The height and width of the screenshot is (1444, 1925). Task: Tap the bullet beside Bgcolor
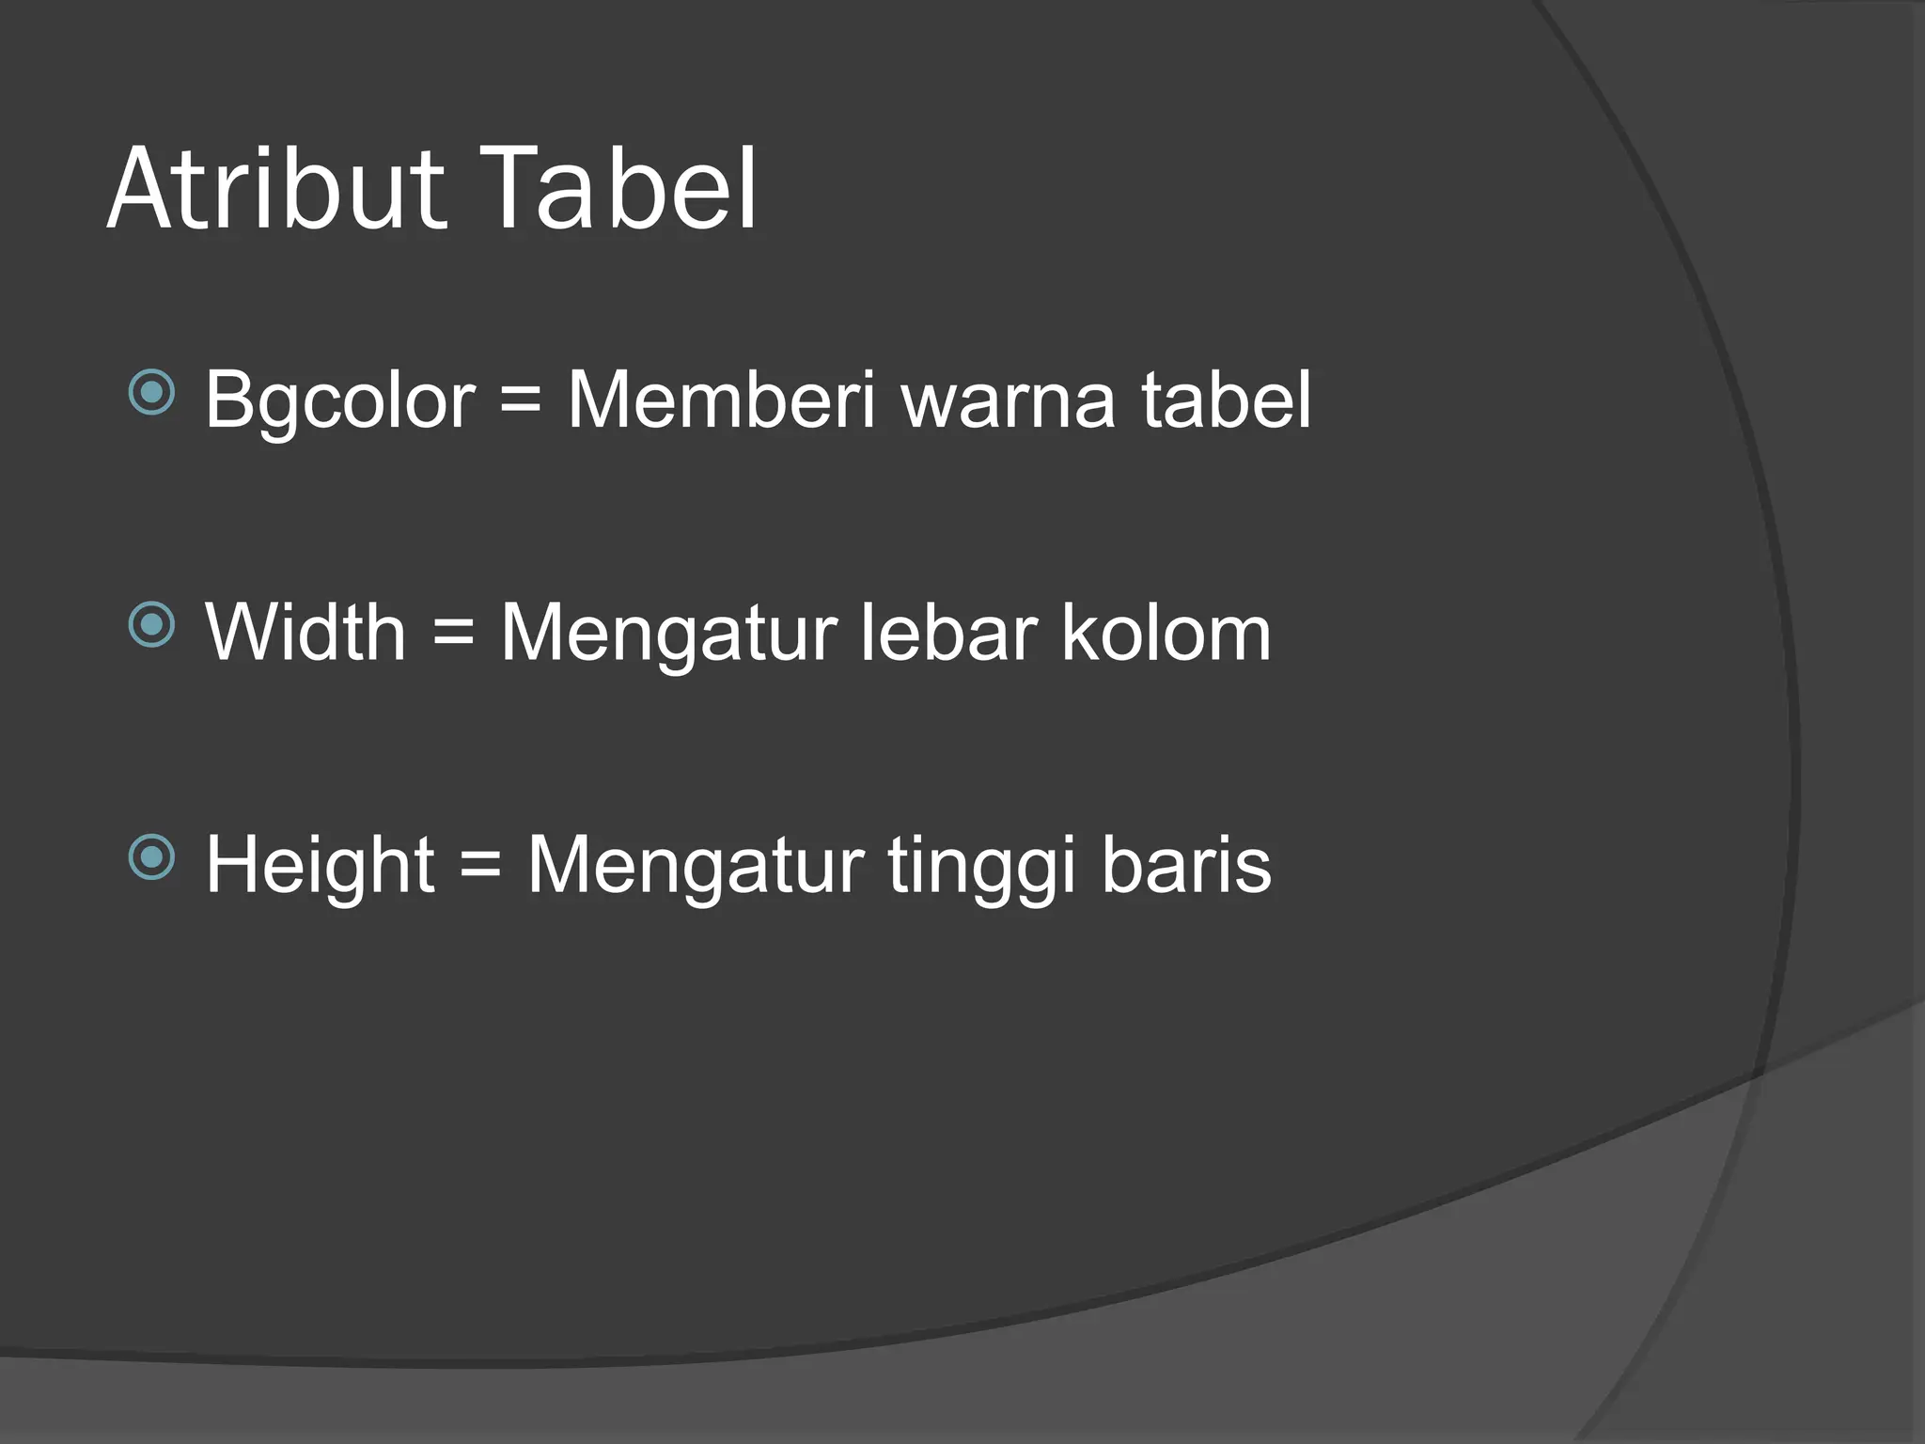(151, 393)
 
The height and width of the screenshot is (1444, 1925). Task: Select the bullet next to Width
(151, 625)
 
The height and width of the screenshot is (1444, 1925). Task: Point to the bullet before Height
(151, 857)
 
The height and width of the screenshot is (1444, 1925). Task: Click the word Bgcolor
(340, 400)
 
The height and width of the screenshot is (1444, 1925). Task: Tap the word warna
(1009, 400)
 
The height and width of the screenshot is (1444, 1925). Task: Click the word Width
(305, 633)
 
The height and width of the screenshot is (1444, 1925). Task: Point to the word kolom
(1166, 633)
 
